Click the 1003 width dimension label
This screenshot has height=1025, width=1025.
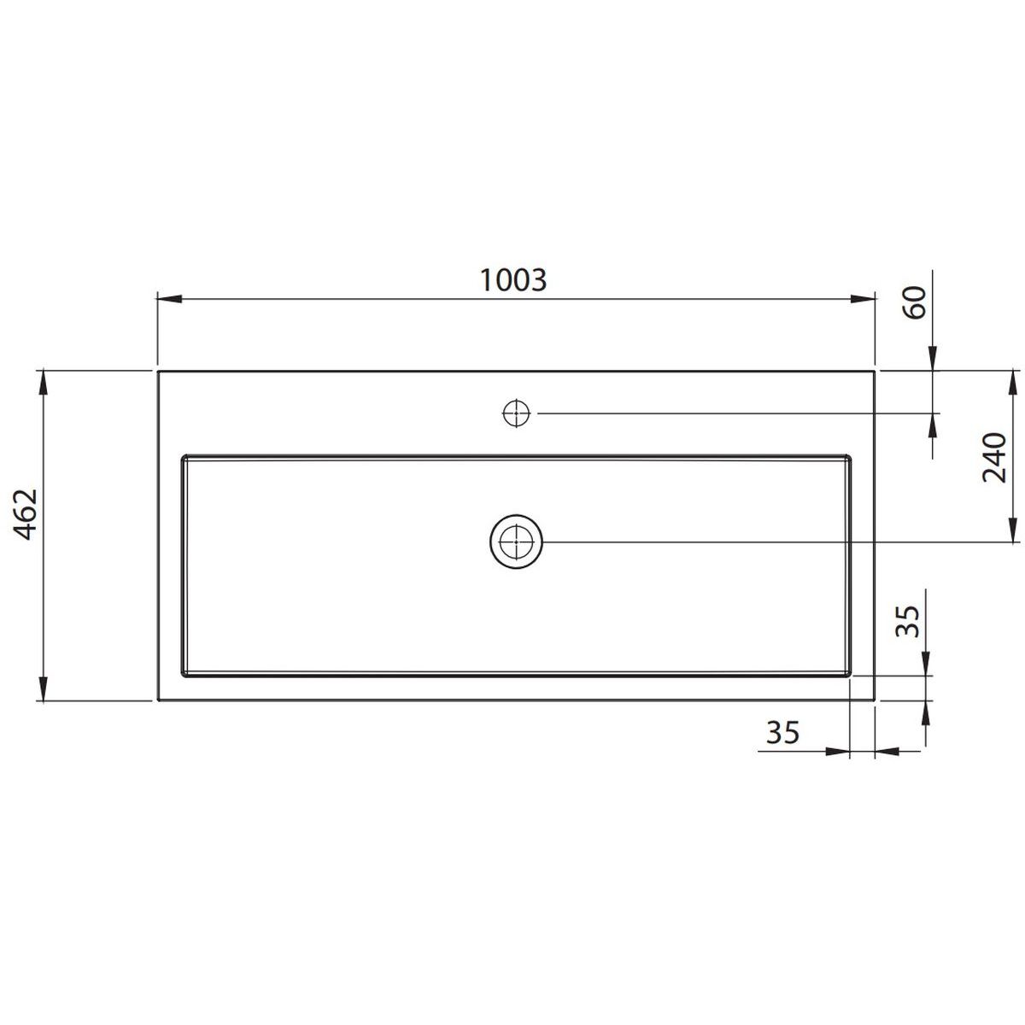pyautogui.click(x=513, y=280)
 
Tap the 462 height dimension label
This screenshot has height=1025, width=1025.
pyautogui.click(x=26, y=513)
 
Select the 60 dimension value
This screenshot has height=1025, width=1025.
pyautogui.click(x=914, y=302)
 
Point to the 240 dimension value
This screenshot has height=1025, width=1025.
pyautogui.click(x=994, y=458)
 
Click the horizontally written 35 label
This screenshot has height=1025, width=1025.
pyautogui.click(x=782, y=732)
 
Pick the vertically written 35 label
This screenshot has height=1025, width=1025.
pyautogui.click(x=907, y=621)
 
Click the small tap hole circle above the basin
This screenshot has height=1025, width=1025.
pyautogui.click(x=517, y=413)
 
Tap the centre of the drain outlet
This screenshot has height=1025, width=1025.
pyautogui.click(x=516, y=542)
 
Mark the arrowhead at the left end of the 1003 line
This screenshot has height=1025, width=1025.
pyautogui.click(x=170, y=299)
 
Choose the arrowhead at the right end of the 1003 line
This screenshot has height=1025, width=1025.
pyautogui.click(x=862, y=299)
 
